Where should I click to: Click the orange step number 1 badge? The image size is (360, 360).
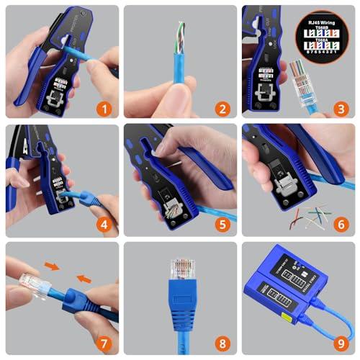(x=106, y=110)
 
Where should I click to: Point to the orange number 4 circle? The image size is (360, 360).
(x=106, y=225)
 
